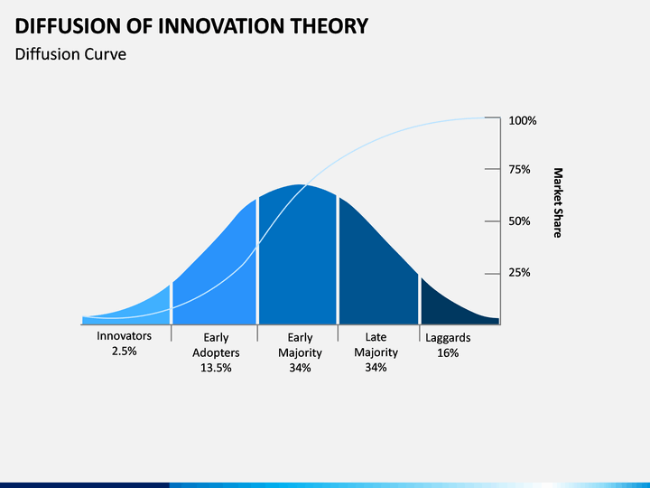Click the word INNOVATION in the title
(221, 25)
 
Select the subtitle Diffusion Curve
(70, 54)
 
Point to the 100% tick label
(523, 121)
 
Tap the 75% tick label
(519, 170)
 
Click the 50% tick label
(519, 221)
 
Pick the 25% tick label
(519, 273)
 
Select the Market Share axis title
(558, 202)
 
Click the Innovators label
(124, 335)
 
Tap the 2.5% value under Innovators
(124, 351)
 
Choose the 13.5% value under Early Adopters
(216, 368)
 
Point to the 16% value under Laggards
(448, 352)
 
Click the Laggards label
(448, 338)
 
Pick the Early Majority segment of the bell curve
(298, 258)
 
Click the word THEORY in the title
(329, 25)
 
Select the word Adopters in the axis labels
(216, 352)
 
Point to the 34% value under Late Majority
(376, 367)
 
